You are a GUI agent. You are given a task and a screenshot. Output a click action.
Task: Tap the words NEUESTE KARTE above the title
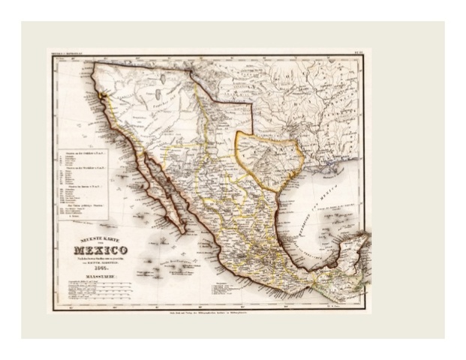pos(98,239)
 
